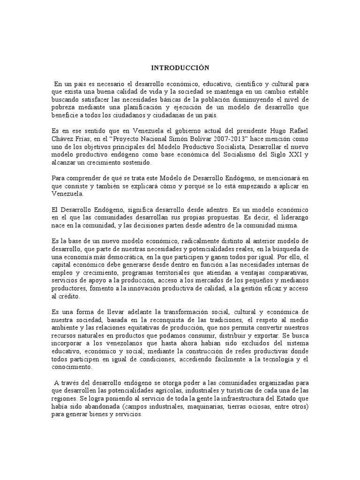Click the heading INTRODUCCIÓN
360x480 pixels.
(x=180, y=68)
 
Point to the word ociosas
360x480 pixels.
(x=240, y=406)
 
